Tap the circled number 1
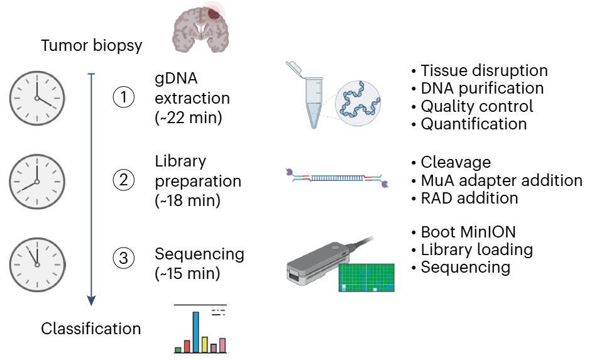click(x=124, y=97)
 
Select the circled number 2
click(x=124, y=180)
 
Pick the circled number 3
click(x=124, y=258)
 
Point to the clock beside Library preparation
click(x=37, y=180)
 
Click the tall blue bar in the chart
click(x=196, y=332)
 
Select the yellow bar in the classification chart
click(x=205, y=344)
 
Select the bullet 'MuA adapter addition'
click(x=501, y=181)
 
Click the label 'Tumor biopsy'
click(x=92, y=46)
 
